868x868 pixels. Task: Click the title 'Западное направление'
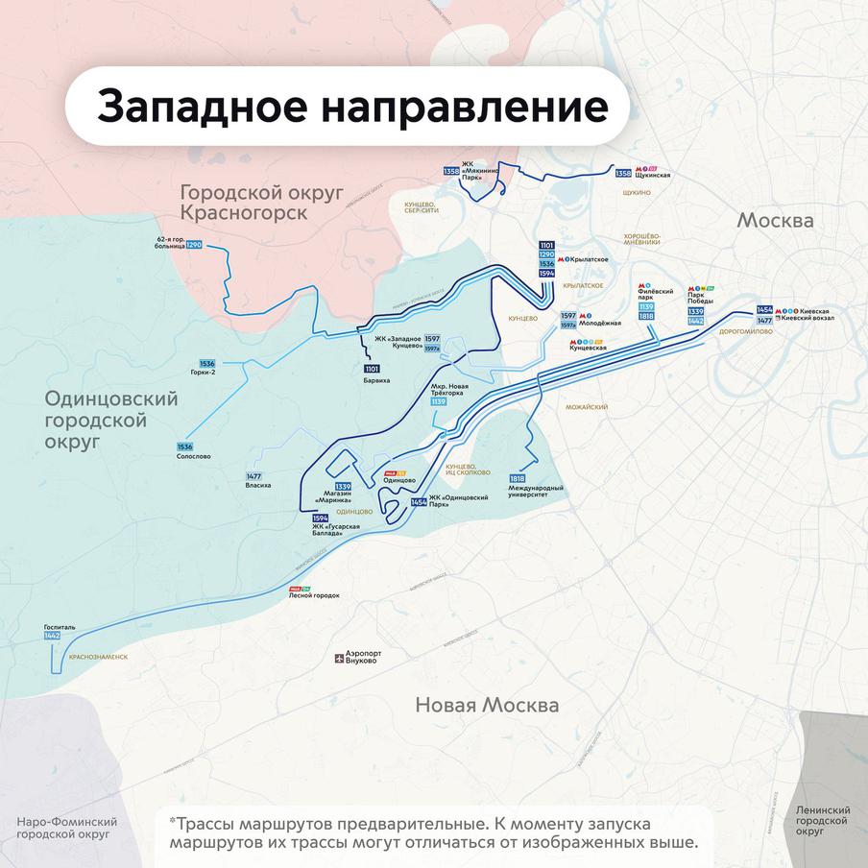(351, 106)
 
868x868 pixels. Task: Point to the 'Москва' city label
(775, 221)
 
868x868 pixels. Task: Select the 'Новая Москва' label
(487, 705)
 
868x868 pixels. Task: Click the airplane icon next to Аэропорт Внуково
(338, 658)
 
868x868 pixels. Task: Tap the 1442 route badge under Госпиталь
(52, 636)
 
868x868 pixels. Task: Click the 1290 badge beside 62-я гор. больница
(194, 245)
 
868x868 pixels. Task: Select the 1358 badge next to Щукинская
(623, 173)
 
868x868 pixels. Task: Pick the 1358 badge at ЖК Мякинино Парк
(450, 171)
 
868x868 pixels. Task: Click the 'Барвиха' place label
(371, 380)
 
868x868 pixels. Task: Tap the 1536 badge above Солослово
(184, 446)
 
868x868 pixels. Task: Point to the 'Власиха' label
(258, 486)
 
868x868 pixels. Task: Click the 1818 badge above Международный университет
(518, 478)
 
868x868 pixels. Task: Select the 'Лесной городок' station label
(314, 595)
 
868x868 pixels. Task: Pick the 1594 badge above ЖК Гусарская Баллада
(321, 518)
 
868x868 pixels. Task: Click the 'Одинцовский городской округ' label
(111, 419)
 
